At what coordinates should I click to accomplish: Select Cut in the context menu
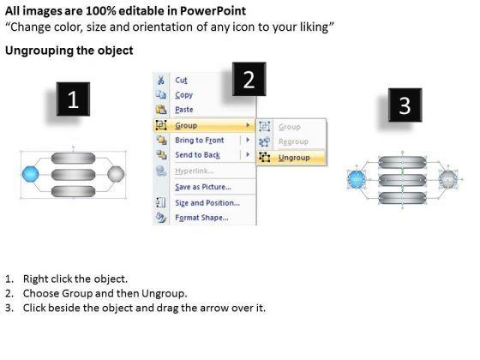pos(181,81)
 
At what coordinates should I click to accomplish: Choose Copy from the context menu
pos(184,95)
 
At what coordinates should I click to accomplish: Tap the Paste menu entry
pos(184,110)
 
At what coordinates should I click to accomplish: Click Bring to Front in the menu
pos(199,141)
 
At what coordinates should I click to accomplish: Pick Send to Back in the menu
pos(197,155)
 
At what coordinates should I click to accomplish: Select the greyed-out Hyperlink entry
pos(195,171)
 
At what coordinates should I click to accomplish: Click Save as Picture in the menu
pos(203,187)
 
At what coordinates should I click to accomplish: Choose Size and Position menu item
pos(207,202)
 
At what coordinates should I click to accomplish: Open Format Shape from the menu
pos(201,218)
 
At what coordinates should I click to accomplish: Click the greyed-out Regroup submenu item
pos(293,141)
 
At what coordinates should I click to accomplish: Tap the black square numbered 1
pos(73,99)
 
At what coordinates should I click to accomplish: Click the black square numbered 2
pos(249,79)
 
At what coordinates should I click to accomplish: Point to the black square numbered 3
pos(405,105)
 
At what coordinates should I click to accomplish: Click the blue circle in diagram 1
pos(31,174)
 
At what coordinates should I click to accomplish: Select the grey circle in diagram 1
pos(116,174)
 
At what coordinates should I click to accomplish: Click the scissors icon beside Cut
pos(161,81)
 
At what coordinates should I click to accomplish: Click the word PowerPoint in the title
pos(213,11)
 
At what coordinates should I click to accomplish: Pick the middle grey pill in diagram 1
pos(73,175)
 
